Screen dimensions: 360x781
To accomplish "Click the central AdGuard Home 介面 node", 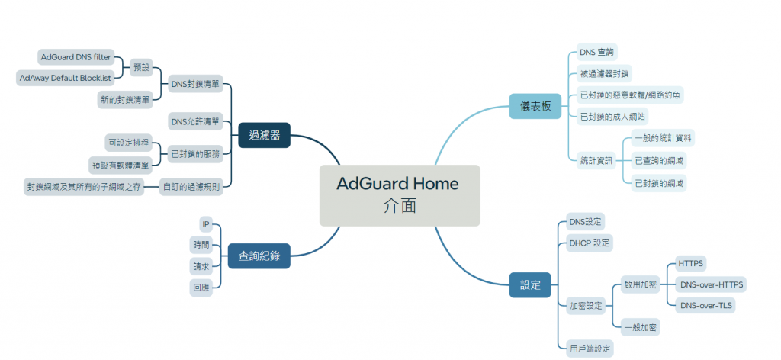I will click(x=399, y=195).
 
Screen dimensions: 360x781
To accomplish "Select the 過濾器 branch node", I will click(x=264, y=135).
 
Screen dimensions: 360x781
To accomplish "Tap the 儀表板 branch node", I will click(x=535, y=106).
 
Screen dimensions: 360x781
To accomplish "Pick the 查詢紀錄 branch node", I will click(x=259, y=256).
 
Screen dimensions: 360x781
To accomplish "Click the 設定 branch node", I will click(x=530, y=285).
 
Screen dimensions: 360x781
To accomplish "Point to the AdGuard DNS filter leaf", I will click(x=76, y=57).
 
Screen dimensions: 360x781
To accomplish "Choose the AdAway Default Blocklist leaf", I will click(x=66, y=78).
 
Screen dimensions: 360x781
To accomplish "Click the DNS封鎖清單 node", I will click(x=195, y=84).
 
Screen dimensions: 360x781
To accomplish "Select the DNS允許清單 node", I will click(x=195, y=121).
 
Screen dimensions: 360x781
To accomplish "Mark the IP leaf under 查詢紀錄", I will click(x=205, y=224).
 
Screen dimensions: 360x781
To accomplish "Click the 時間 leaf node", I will click(x=201, y=245).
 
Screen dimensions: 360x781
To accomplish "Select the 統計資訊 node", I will click(x=596, y=160).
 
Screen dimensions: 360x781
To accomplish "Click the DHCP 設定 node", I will click(x=590, y=243).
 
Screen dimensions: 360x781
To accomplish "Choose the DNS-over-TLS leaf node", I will click(x=705, y=305).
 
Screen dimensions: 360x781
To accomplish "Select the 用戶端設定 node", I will click(x=590, y=348).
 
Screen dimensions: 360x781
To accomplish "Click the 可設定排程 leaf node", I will click(x=129, y=143).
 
